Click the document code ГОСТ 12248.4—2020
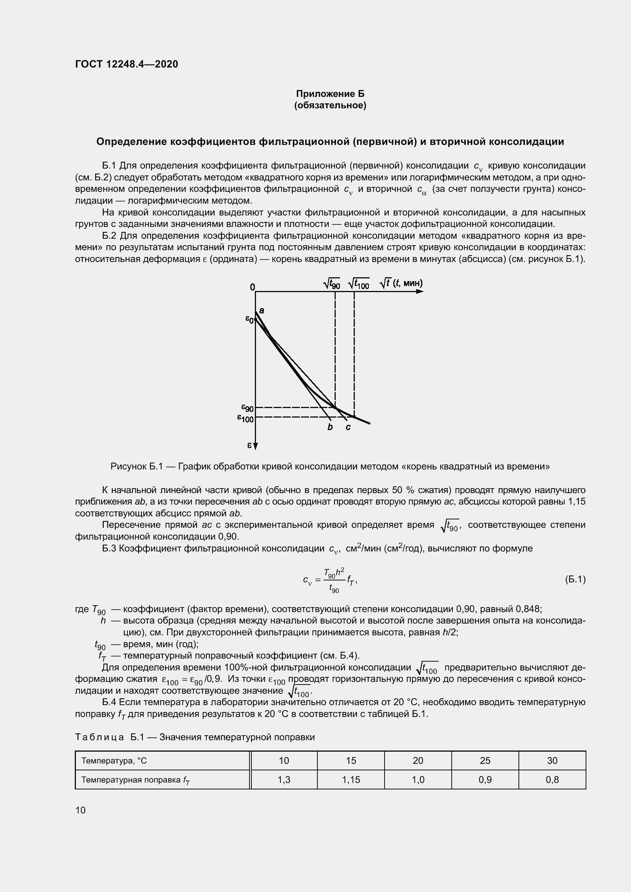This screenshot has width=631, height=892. pyautogui.click(x=127, y=64)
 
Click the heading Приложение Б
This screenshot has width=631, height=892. pyautogui.click(x=330, y=94)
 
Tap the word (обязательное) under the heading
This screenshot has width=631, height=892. pyautogui.click(x=330, y=105)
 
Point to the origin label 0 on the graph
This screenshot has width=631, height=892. pyautogui.click(x=253, y=287)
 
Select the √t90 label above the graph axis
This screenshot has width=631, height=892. pyautogui.click(x=332, y=284)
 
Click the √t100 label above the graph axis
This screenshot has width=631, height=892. pyautogui.click(x=359, y=284)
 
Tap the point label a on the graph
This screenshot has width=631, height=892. pyautogui.click(x=261, y=310)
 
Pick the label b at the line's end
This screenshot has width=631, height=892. pyautogui.click(x=330, y=428)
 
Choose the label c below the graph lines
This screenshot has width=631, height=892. pyautogui.click(x=348, y=428)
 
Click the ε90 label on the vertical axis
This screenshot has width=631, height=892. pyautogui.click(x=248, y=408)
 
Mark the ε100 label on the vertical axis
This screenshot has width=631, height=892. pyautogui.click(x=246, y=418)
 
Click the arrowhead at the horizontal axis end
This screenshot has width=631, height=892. pyautogui.click(x=420, y=291)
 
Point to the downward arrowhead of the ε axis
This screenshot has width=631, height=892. pyautogui.click(x=255, y=446)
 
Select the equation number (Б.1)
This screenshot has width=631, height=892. pyautogui.click(x=575, y=580)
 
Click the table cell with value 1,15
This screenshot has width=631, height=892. pyautogui.click(x=351, y=779)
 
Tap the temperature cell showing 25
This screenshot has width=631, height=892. pyautogui.click(x=485, y=760)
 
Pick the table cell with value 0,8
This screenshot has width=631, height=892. pyautogui.click(x=552, y=779)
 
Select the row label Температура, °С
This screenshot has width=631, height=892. pyautogui.click(x=114, y=761)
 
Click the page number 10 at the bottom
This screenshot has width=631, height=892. pyautogui.click(x=80, y=810)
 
